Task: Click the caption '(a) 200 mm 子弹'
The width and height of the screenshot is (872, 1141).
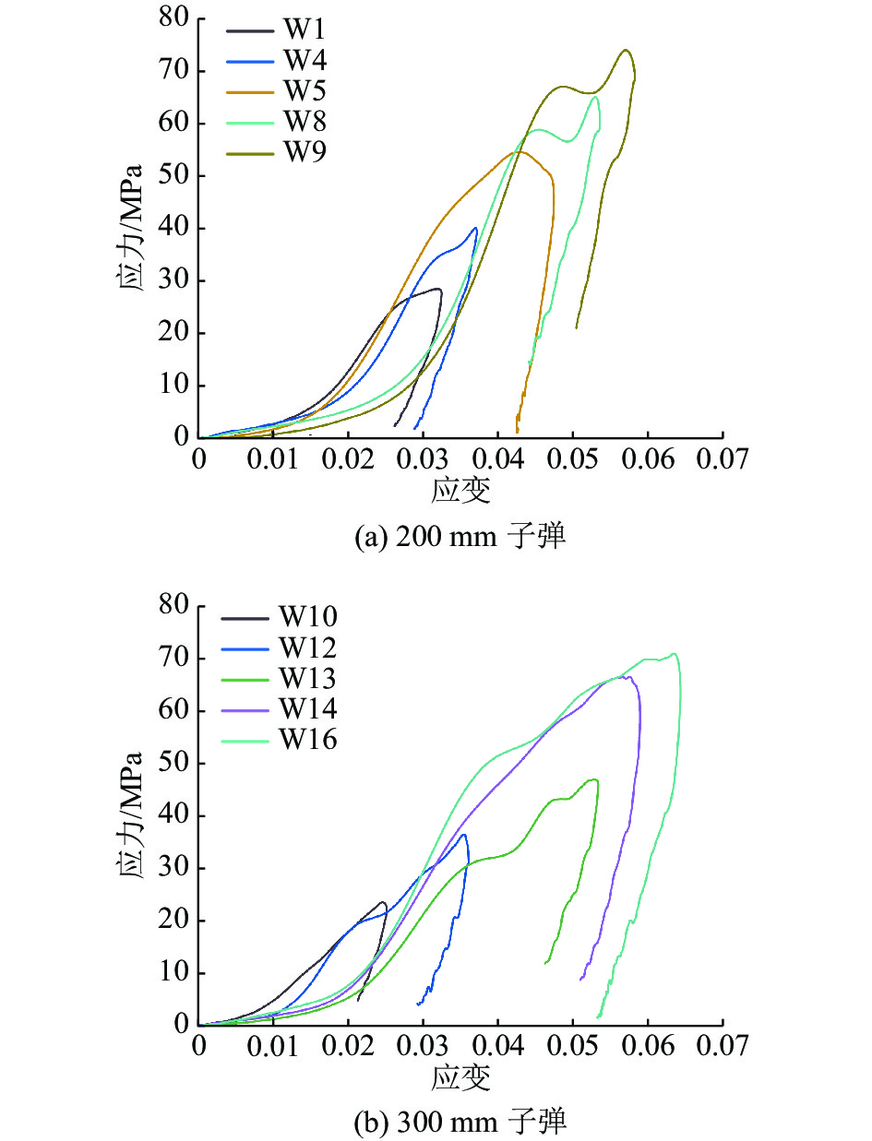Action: tap(460, 537)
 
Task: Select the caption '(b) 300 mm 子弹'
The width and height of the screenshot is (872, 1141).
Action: tap(460, 1122)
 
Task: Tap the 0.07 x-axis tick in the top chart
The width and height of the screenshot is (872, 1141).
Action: tap(722, 459)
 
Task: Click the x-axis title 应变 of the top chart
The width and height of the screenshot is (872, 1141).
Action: tap(460, 490)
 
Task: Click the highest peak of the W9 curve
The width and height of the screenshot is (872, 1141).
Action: tap(627, 50)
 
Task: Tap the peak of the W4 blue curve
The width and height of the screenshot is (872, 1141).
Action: tap(476, 227)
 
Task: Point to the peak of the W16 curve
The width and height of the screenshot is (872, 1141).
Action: tap(675, 654)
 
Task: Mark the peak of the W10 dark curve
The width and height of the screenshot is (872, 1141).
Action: tap(382, 902)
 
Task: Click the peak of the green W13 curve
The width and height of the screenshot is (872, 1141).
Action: tap(595, 779)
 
